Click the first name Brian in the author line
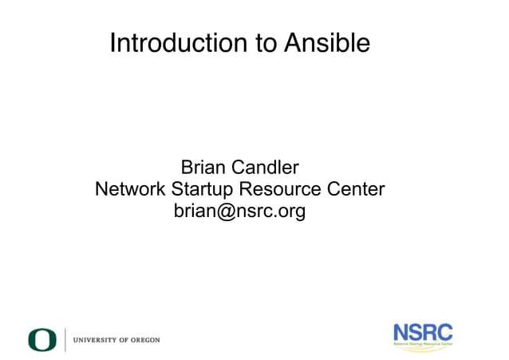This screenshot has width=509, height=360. (x=203, y=168)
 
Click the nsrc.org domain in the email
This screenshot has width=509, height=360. (x=270, y=212)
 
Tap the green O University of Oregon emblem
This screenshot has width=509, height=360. (x=42, y=340)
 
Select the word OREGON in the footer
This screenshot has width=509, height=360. (x=145, y=340)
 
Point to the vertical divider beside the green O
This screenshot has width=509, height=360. (x=65, y=340)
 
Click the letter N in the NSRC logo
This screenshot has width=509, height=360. (x=401, y=331)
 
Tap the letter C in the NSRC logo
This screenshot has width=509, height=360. (x=444, y=331)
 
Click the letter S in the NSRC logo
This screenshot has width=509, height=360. (x=416, y=331)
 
